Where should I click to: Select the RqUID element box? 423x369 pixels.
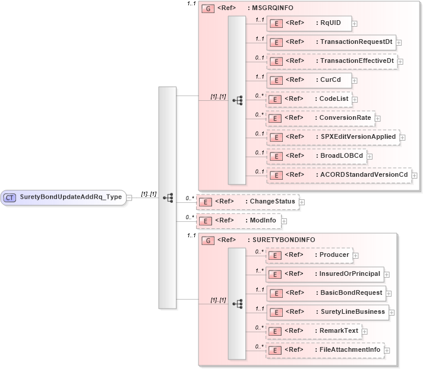308,24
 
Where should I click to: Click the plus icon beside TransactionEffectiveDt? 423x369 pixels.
400,61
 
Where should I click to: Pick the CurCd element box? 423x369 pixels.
308,80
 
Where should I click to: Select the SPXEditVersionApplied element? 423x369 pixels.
333,137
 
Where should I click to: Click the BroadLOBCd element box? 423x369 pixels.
315,156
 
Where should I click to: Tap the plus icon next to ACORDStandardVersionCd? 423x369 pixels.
414,176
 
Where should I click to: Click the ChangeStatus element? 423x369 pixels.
247,202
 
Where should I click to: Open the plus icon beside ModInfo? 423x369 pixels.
284,221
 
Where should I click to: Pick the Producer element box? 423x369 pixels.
308,255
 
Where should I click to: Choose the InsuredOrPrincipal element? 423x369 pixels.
324,274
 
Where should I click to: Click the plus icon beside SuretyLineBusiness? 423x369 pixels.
392,312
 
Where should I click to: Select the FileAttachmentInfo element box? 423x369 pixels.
324,350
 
